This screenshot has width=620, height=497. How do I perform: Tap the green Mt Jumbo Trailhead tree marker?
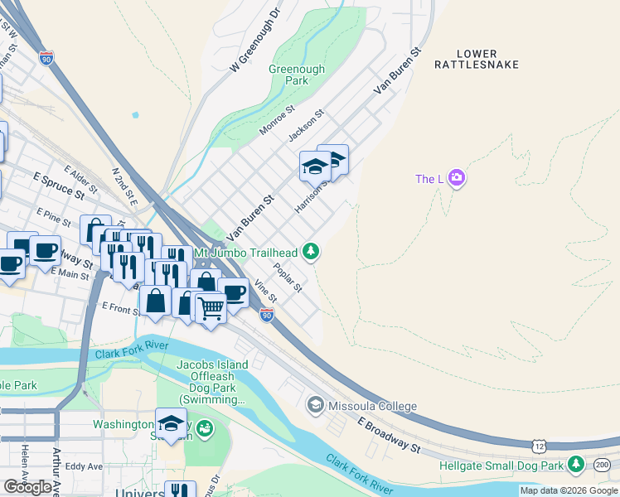(311, 250)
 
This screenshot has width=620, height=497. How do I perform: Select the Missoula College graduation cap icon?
(315, 405)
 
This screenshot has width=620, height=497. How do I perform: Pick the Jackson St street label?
(305, 124)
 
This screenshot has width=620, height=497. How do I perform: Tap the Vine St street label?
(265, 291)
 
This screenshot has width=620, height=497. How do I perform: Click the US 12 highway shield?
(539, 446)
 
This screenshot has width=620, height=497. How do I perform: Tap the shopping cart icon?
(211, 308)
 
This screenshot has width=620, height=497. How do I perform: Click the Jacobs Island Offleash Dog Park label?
(212, 382)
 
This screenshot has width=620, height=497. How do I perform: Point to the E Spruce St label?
(59, 186)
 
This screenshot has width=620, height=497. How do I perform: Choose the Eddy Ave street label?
(83, 466)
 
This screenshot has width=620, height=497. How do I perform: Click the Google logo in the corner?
(28, 486)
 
